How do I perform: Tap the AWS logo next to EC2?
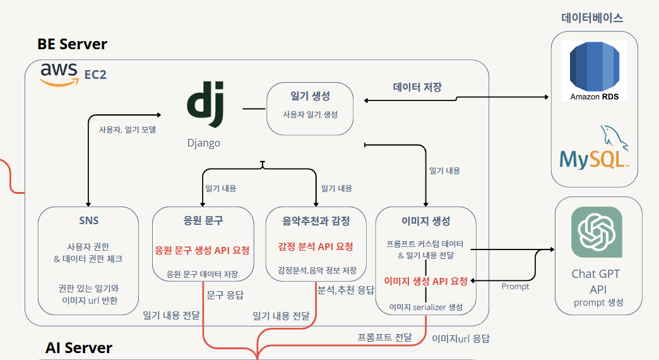pos(59,73)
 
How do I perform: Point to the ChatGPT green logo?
pos(596,232)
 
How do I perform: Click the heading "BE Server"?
pos(72,44)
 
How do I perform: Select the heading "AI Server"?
pos(79,347)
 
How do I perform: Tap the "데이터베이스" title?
pos(592,18)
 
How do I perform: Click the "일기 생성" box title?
pos(310,96)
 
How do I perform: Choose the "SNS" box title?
pos(88,220)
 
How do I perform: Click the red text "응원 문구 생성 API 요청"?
pos(203,250)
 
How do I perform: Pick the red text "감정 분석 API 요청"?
pos(316,246)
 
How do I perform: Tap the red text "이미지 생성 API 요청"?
pos(426,281)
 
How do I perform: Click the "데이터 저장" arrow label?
pos(417,88)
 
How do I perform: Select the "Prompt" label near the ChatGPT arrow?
pos(515,286)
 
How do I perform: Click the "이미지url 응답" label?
pos(461,339)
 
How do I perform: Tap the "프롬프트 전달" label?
pos(384,337)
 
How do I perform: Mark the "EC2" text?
pos(95,75)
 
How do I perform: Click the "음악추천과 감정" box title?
pos(316,220)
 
